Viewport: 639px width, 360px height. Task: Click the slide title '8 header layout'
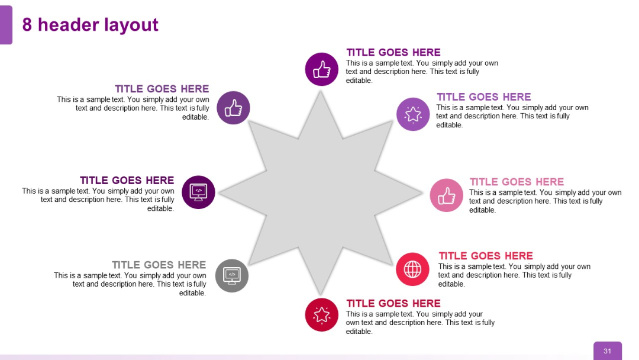(90, 25)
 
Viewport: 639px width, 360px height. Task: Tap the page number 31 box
(607, 351)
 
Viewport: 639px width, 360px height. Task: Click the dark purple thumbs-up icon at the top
(321, 69)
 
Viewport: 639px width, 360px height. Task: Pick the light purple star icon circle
(413, 114)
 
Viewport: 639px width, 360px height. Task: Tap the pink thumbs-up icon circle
(446, 195)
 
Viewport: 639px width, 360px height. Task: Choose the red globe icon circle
(412, 269)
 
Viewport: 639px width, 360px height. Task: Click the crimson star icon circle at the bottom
(321, 314)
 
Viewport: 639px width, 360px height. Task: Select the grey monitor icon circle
(232, 275)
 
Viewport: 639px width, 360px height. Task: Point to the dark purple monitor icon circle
(198, 192)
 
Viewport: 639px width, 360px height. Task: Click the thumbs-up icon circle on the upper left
(233, 108)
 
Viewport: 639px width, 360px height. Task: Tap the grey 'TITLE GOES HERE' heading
(159, 265)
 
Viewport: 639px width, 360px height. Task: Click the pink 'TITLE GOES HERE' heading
(517, 182)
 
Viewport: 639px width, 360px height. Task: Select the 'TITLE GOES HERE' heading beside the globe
(485, 256)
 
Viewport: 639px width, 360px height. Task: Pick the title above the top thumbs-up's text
(393, 52)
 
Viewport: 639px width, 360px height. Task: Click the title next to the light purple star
(483, 97)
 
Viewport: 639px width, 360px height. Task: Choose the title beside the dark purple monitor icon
(127, 180)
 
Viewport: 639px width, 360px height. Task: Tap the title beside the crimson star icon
(393, 303)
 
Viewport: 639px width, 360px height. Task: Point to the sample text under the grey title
(130, 284)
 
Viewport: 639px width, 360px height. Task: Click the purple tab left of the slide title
(6, 25)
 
